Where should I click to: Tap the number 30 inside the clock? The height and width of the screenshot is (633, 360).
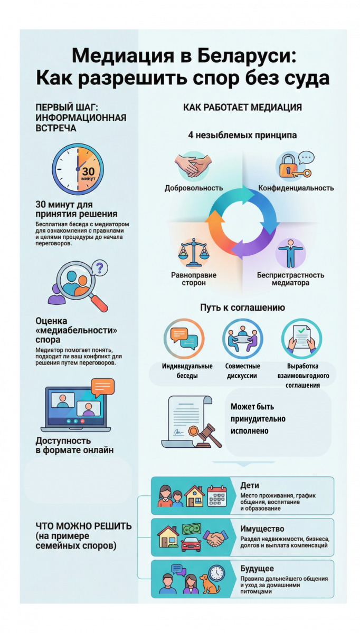[x=88, y=171]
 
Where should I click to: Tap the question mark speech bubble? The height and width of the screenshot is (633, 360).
[x=99, y=267]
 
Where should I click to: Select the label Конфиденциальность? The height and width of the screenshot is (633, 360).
[x=296, y=188]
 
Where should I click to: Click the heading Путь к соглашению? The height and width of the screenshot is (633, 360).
[x=242, y=307]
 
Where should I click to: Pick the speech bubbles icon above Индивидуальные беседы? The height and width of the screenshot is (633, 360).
[x=184, y=339]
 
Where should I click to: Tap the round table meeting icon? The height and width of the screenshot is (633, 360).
[x=242, y=339]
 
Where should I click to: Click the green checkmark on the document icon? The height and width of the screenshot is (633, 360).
[x=302, y=330]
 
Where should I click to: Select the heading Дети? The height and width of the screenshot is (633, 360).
[x=250, y=485]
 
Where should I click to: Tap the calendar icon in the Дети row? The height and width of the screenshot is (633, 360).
[x=217, y=496]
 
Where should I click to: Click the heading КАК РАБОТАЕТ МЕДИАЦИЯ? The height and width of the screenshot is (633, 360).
[x=242, y=108]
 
